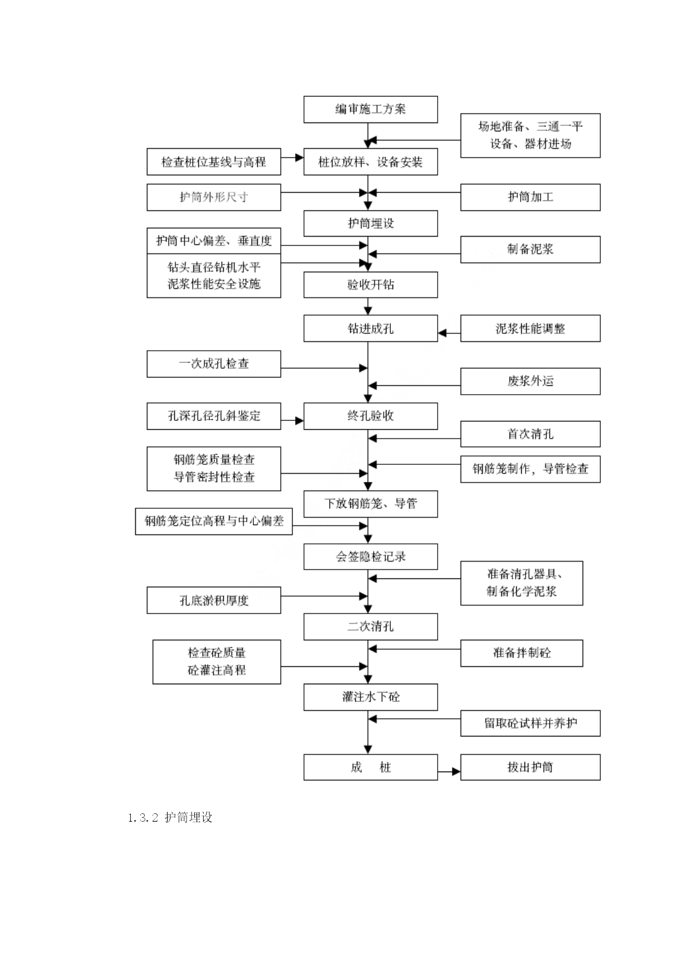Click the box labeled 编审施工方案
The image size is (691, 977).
click(370, 109)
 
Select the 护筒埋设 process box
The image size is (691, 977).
click(370, 223)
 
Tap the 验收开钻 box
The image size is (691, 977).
click(370, 284)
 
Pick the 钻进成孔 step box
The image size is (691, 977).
click(370, 328)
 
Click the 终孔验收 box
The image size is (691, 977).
click(370, 416)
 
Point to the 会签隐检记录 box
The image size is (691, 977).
click(370, 556)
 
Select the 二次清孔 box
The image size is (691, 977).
click(370, 626)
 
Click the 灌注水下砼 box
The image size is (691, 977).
click(370, 697)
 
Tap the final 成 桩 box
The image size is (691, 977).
click(370, 767)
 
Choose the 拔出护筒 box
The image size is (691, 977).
click(530, 767)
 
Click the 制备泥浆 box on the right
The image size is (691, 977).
click(530, 249)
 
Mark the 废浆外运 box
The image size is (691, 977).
click(530, 381)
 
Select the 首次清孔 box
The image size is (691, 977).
click(530, 434)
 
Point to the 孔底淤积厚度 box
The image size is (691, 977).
click(214, 600)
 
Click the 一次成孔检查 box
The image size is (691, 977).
click(214, 364)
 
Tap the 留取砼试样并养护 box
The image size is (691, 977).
click(530, 723)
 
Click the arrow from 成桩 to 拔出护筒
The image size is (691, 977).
click(449, 772)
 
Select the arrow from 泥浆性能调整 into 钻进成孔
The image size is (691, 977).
click(449, 333)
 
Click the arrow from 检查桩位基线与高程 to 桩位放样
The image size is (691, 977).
click(292, 158)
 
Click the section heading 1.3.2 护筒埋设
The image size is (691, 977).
click(170, 817)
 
